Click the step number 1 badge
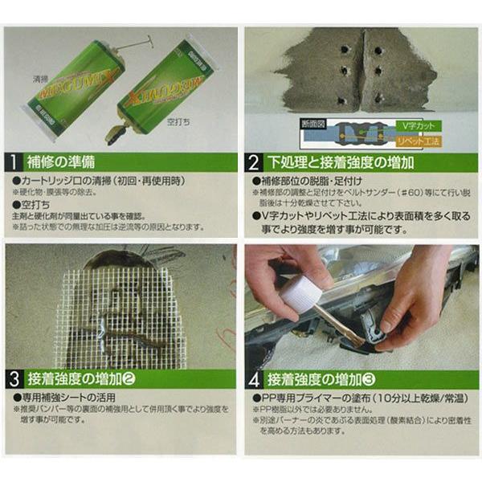click(x=14, y=162)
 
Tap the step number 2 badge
click(x=254, y=162)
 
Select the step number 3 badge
click(x=14, y=378)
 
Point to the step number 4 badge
click(x=254, y=378)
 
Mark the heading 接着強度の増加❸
click(x=321, y=378)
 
